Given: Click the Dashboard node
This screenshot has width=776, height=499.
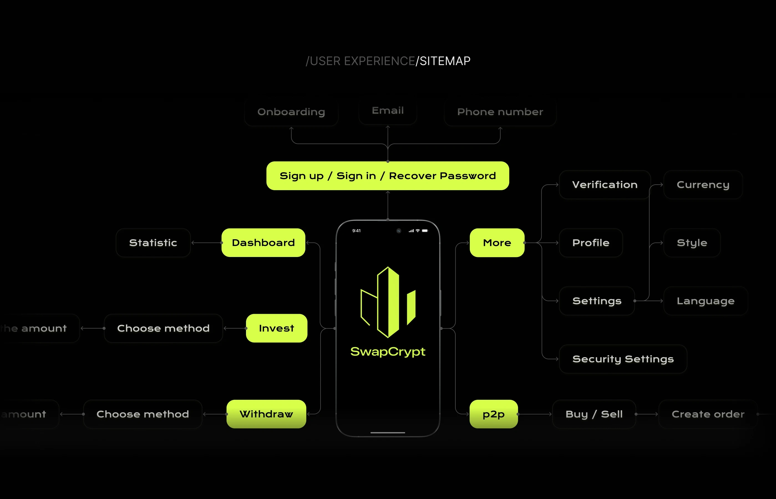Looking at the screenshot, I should (x=263, y=243).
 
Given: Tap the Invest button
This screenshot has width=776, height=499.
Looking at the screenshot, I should (x=277, y=328).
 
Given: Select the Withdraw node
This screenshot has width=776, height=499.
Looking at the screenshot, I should (x=266, y=414).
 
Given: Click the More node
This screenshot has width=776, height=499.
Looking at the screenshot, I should (x=497, y=243).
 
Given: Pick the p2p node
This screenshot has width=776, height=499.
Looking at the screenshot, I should (x=493, y=414).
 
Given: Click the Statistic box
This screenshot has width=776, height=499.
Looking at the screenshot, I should (x=153, y=243).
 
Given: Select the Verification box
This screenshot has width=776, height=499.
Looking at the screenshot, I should (x=605, y=185).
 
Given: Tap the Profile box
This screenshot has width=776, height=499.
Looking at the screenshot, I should (x=590, y=243).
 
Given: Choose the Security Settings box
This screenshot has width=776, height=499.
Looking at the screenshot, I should (x=623, y=359).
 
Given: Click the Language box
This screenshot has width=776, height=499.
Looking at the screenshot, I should (x=705, y=301).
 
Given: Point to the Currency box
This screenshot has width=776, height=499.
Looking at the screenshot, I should (x=703, y=185).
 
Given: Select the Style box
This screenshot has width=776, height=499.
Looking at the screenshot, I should (x=692, y=243).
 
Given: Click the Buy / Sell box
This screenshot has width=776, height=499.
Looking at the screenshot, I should (x=594, y=414).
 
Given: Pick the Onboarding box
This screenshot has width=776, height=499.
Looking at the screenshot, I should (x=291, y=112).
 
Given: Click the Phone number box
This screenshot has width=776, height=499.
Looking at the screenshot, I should (x=500, y=112).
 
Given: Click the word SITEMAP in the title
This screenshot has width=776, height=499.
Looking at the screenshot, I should (x=445, y=61).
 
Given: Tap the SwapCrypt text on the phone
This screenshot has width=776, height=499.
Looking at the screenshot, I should (x=388, y=352).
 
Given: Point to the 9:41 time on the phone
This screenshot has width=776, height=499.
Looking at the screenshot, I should (x=356, y=231).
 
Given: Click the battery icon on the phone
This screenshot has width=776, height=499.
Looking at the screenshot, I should (x=425, y=231).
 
